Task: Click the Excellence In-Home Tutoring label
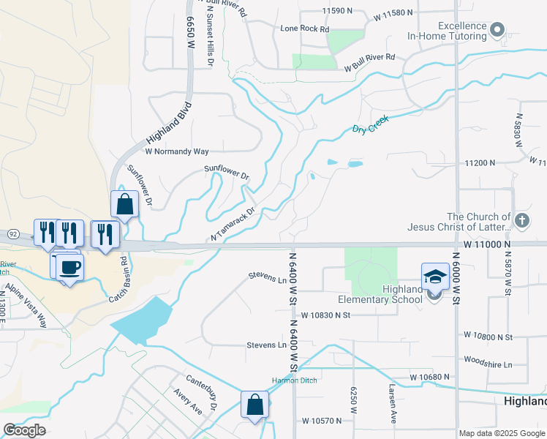click(448, 30)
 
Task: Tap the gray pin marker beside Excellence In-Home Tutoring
click(498, 30)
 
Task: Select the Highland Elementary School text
click(382, 294)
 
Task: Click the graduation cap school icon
click(435, 277)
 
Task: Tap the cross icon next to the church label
click(521, 219)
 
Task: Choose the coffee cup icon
click(70, 267)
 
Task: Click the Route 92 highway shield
click(12, 233)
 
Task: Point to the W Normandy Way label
click(177, 151)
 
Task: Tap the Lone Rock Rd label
click(305, 29)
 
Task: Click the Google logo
click(25, 430)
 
